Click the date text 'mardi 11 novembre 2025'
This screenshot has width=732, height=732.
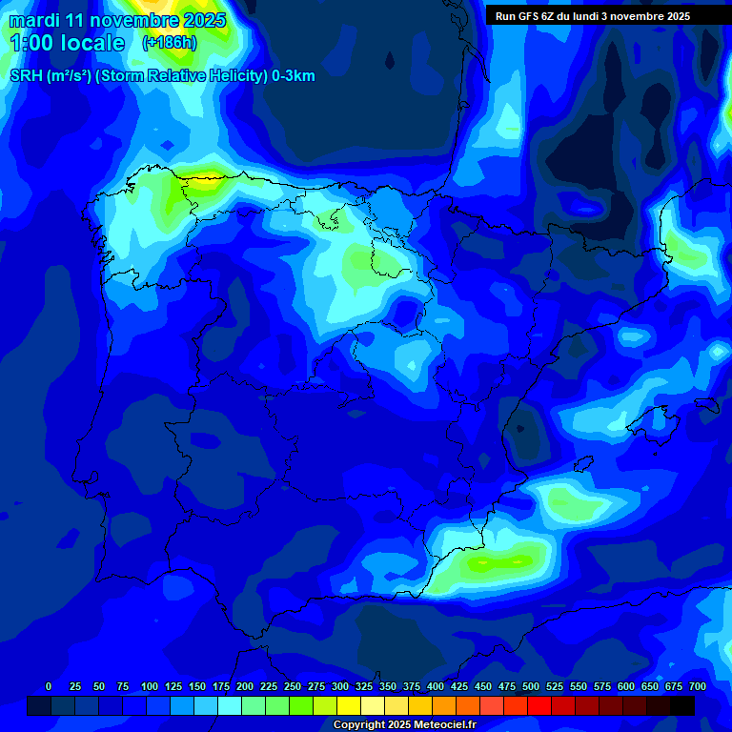click(117, 20)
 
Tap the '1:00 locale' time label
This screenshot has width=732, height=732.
click(67, 43)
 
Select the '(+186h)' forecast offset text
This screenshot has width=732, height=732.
click(170, 43)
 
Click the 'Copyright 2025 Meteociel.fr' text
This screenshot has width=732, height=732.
click(404, 724)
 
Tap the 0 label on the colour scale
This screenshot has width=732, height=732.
click(49, 686)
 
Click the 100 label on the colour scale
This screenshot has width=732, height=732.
click(150, 686)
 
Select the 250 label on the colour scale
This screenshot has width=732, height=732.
click(293, 686)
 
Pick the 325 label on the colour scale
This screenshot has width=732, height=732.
click(364, 686)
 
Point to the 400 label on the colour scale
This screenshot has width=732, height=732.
click(436, 686)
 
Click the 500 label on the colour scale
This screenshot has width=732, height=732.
click(531, 686)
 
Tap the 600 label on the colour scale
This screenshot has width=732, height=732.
click(626, 686)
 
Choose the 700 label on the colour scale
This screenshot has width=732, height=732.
click(697, 686)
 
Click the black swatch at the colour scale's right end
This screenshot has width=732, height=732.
click(682, 705)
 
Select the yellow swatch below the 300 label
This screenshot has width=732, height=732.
click(349, 705)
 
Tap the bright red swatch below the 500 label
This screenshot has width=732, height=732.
click(539, 705)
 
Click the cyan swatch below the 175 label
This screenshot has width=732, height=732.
click(230, 705)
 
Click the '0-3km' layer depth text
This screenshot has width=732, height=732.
click(294, 75)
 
